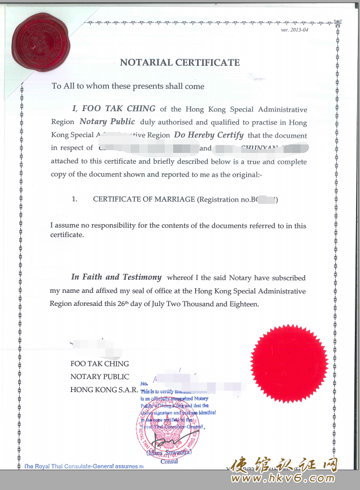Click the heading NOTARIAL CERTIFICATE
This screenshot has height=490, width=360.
coord(179,63)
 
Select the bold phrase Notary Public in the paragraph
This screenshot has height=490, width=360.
coord(107,122)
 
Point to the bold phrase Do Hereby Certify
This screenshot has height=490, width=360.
coord(209,135)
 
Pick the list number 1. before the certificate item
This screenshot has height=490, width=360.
coord(74,199)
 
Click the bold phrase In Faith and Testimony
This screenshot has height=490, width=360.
coord(116,278)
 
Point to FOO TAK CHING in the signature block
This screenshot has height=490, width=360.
coord(100,364)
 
